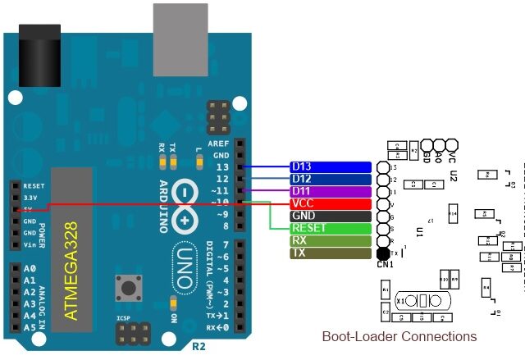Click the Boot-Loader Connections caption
point(399,336)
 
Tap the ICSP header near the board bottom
point(135,333)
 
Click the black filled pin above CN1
point(384,253)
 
